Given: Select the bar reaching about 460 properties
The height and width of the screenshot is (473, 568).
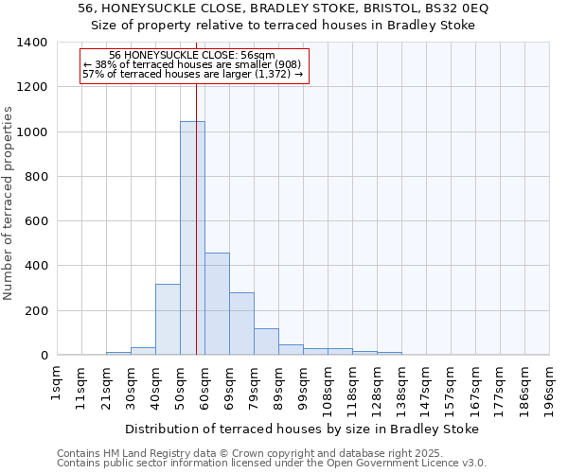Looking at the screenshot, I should pos(217,304).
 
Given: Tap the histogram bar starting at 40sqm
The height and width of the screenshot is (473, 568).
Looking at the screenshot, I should pos(168,320).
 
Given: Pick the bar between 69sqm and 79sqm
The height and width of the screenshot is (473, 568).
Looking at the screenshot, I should pos(241,324).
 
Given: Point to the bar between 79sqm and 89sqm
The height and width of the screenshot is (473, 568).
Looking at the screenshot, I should pos(266,342).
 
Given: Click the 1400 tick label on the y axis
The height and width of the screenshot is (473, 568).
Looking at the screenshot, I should pos(32,43).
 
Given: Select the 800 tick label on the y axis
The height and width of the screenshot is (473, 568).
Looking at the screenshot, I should pos(36,177).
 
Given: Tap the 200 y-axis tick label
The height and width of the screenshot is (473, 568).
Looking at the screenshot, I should pos(36,311).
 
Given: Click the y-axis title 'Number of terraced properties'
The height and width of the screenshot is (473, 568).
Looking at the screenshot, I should pos(9,203).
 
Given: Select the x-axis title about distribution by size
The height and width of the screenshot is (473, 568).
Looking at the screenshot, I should pos(302,429).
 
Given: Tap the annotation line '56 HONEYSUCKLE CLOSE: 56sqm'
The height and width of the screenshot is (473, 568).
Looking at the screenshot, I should pos(192,56).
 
